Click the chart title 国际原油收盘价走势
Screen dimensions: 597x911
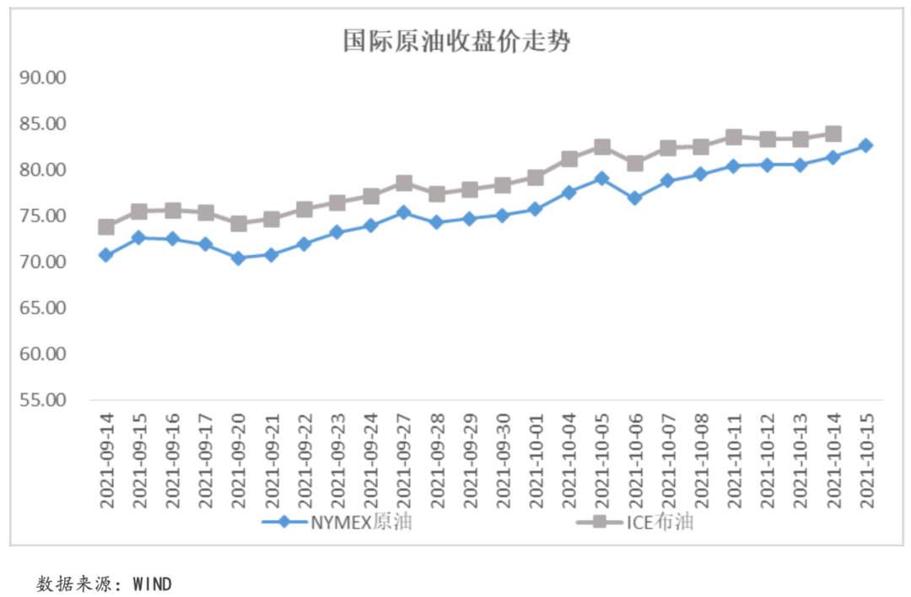(x=456, y=41)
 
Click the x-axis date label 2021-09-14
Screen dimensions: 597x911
(x=107, y=460)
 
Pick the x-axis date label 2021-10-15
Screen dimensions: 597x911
(x=865, y=460)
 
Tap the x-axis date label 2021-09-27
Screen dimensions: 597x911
(x=404, y=460)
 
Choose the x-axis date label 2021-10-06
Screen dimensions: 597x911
(x=635, y=460)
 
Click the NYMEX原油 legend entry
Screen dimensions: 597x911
(x=337, y=522)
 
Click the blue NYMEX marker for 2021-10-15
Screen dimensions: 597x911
(x=865, y=145)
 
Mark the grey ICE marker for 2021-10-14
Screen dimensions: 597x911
(x=833, y=133)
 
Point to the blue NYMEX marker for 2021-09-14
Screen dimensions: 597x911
(x=106, y=254)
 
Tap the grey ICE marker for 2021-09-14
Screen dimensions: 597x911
(x=106, y=226)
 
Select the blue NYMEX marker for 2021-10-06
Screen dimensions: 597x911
(x=635, y=198)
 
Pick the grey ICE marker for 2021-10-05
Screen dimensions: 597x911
(x=602, y=147)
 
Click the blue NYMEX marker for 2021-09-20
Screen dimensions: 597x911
(x=239, y=258)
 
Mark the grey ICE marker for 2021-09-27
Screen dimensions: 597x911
(x=404, y=183)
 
